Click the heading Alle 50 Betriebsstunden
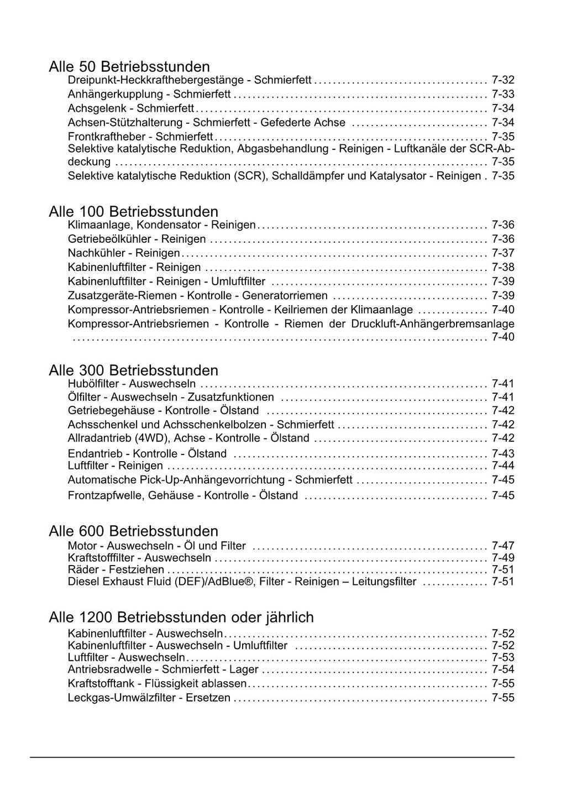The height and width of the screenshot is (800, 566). (x=129, y=67)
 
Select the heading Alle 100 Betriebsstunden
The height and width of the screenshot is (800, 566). (x=133, y=211)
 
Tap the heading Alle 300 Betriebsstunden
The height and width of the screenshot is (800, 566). (x=133, y=370)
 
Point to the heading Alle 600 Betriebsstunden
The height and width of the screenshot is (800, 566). (x=133, y=531)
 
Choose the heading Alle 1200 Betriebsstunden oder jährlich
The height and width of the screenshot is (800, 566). (x=181, y=617)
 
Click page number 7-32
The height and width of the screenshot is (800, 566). (x=503, y=80)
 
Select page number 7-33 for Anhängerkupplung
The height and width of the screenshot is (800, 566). (x=503, y=95)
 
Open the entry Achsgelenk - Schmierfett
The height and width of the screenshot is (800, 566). (x=131, y=108)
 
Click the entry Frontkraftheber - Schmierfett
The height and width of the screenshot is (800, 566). (x=140, y=137)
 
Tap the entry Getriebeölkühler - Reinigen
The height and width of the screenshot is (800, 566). (x=137, y=239)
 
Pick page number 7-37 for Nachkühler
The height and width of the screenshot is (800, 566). (x=503, y=253)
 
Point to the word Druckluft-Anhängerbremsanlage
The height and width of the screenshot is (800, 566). (x=433, y=324)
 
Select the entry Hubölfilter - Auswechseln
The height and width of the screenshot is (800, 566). (x=132, y=384)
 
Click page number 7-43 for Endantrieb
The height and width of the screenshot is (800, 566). (x=503, y=454)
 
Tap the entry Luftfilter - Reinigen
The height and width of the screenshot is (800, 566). (x=115, y=466)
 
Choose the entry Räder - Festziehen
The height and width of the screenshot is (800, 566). (x=116, y=569)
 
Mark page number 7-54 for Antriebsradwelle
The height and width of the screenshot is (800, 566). (x=503, y=670)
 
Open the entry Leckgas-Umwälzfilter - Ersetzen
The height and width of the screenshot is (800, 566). (x=149, y=698)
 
